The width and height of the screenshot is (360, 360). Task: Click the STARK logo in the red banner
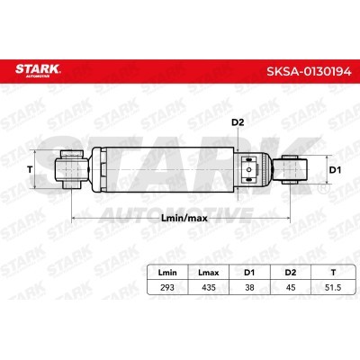[38, 70]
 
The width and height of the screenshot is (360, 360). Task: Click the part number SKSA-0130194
[309, 71]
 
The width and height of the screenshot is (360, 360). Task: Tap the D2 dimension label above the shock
[238, 122]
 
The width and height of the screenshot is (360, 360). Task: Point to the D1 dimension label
[335, 170]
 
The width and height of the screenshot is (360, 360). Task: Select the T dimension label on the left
[30, 170]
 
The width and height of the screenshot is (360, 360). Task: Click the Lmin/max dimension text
[184, 218]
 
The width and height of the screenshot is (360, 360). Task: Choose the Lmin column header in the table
[167, 273]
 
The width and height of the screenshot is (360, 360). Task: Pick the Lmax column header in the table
[209, 273]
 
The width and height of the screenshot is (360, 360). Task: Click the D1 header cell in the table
[249, 273]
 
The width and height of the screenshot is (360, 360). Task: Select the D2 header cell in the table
[291, 273]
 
